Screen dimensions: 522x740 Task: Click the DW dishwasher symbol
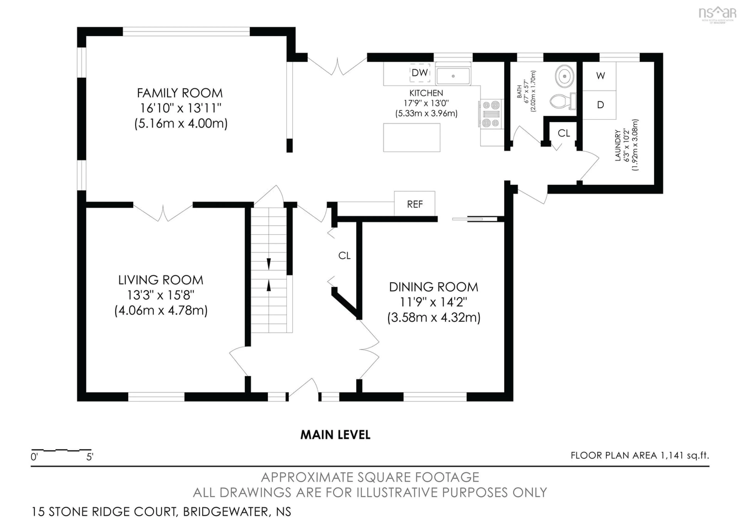tap(420, 73)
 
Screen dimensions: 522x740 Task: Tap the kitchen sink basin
tap(453, 76)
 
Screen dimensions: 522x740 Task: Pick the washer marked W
tap(600, 76)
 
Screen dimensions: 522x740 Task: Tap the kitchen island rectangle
tap(412, 137)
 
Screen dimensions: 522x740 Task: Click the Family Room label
tap(180, 93)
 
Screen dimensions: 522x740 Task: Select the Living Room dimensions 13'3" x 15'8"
tap(161, 295)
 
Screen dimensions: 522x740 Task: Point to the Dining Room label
tap(433, 287)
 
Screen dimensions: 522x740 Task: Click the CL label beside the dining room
tap(344, 256)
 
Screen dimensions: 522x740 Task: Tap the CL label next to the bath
tap(564, 133)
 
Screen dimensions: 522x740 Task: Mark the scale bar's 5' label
tap(90, 457)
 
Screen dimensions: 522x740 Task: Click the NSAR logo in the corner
tap(717, 13)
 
